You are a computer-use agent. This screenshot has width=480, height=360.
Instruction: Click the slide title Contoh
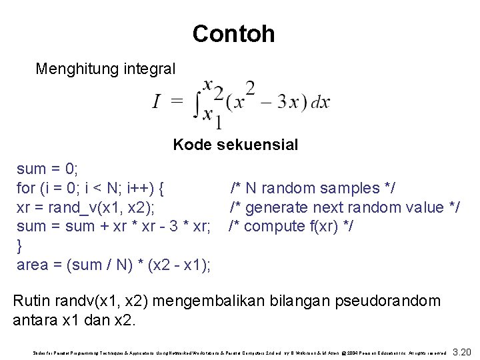click(233, 33)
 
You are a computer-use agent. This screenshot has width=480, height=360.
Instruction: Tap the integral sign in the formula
click(197, 102)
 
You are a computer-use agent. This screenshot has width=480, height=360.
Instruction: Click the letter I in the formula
click(156, 101)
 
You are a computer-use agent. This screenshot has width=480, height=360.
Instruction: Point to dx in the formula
click(320, 102)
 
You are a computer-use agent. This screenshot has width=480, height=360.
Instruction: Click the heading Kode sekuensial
click(235, 144)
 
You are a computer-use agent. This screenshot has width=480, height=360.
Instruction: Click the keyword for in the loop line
click(25, 187)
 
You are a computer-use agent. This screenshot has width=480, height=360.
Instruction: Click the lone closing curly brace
click(19, 245)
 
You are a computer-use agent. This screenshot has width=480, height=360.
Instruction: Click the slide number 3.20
click(461, 351)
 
